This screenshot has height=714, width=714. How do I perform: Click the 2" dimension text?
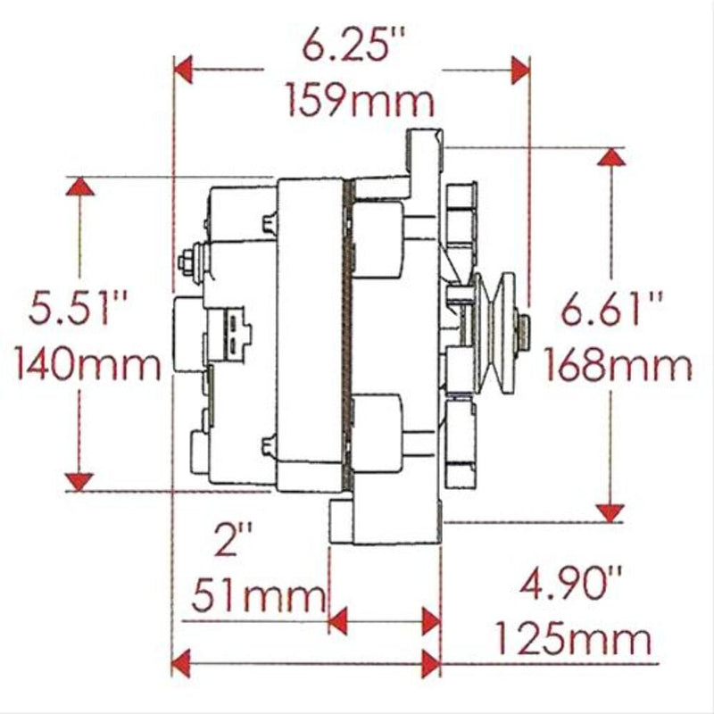click(234, 540)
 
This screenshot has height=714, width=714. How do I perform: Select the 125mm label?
click(572, 639)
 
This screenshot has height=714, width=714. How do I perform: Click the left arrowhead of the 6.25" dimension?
click(183, 68)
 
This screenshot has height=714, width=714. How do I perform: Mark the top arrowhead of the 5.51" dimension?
click(79, 187)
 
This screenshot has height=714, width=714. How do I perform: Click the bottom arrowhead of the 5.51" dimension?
click(79, 482)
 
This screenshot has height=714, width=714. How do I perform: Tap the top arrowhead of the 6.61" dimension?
click(610, 158)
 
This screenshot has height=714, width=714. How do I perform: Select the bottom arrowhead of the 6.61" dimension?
click(610, 511)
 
